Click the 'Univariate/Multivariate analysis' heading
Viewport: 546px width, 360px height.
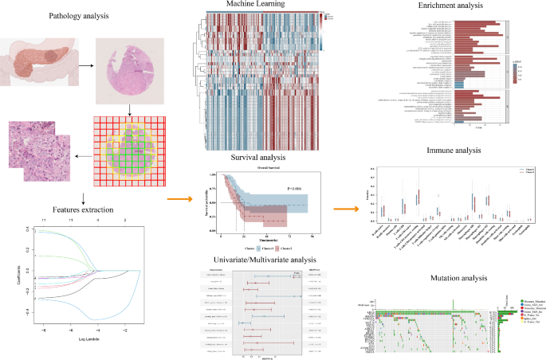(249, 260)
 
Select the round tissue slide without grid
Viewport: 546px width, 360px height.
(124, 71)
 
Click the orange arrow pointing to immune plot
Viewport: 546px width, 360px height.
(344, 209)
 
